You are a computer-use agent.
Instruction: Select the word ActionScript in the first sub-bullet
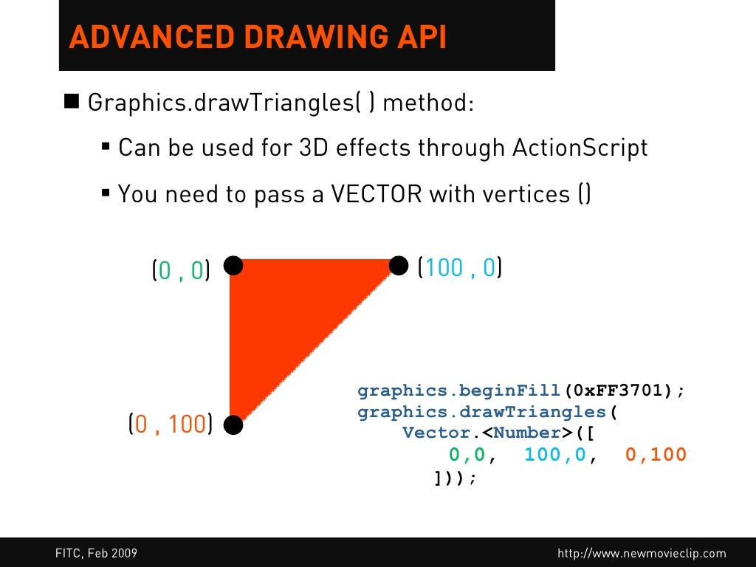[580, 148]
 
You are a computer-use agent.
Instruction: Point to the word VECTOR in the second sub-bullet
[376, 194]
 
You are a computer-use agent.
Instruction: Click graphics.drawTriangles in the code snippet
[481, 412]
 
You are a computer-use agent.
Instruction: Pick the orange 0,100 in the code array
[656, 455]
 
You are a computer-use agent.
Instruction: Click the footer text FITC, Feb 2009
[96, 553]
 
